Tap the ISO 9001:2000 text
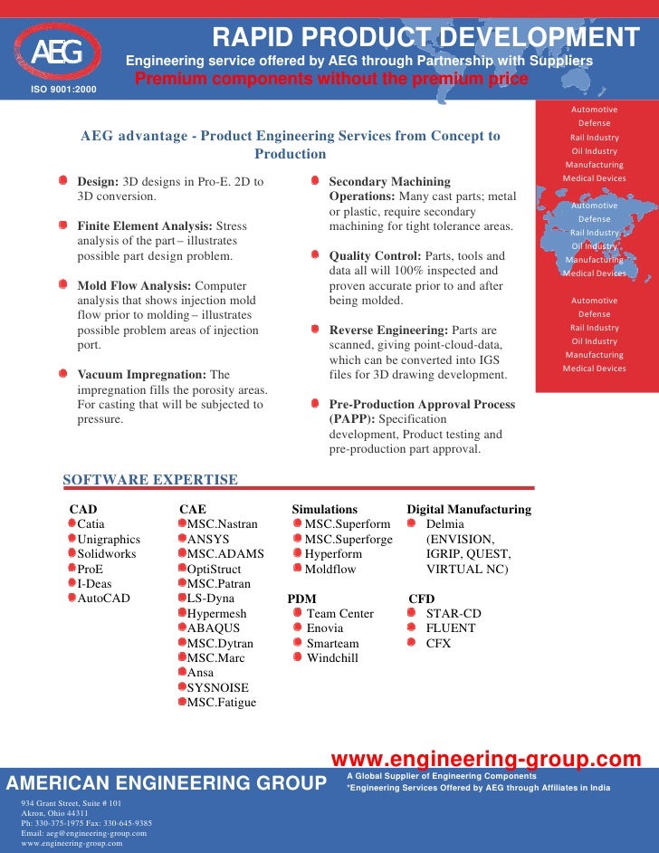[x=62, y=89]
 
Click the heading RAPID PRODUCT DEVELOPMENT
[x=425, y=38]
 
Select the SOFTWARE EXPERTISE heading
[x=150, y=480]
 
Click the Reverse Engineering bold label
[x=387, y=331]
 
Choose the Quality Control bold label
[x=373, y=256]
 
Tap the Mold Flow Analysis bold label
[x=134, y=286]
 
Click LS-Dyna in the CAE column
[x=210, y=599]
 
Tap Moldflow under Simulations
[x=330, y=569]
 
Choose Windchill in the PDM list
[x=332, y=657]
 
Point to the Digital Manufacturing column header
[x=469, y=510]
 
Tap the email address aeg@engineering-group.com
[x=83, y=833]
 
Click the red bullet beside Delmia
[x=412, y=524]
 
